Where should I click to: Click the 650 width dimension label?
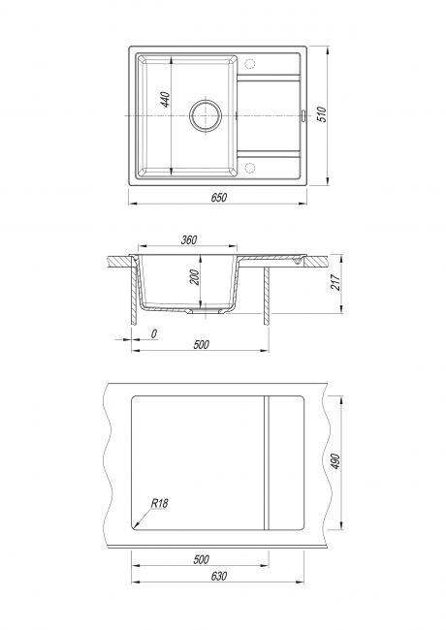218,198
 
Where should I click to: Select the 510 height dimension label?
322,114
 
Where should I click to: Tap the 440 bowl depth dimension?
165,99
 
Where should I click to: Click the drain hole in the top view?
206,115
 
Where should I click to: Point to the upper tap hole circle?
250,63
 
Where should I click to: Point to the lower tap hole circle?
250,168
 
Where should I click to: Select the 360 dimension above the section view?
189,239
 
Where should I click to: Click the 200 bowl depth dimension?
195,277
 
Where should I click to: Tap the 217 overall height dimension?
335,282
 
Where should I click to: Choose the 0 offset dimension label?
153,333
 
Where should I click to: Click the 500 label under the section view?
201,344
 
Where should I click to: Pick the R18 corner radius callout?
160,503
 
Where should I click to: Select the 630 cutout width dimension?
218,576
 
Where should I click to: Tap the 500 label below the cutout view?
201,559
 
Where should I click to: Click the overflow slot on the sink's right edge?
303,115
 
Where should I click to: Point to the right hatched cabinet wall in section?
267,296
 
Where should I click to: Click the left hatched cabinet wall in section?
134,293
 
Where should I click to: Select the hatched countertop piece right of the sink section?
316,262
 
